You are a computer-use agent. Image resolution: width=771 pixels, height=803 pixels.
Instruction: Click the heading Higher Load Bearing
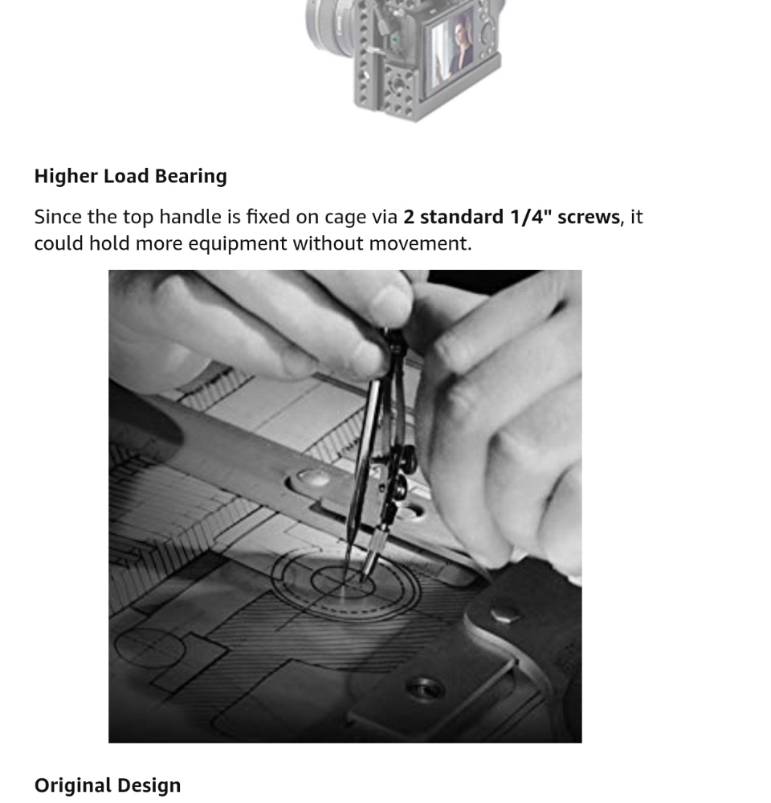tap(130, 176)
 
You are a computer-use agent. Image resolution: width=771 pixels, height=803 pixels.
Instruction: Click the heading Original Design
tap(108, 785)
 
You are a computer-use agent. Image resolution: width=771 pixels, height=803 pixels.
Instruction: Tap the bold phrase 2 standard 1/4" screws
tap(512, 217)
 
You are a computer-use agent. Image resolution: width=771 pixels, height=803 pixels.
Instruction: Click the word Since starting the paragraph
tap(58, 217)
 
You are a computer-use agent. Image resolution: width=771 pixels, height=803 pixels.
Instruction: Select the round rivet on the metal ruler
tap(313, 479)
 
